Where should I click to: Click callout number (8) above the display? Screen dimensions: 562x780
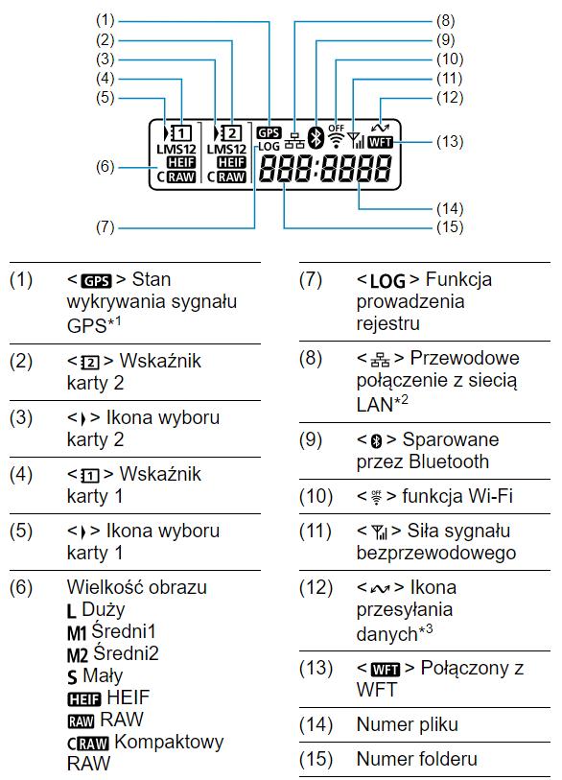[x=446, y=21]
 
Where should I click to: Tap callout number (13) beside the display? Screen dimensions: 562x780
[x=450, y=142]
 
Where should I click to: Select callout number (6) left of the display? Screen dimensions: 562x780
[x=105, y=167]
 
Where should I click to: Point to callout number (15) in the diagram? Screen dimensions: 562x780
[x=450, y=226]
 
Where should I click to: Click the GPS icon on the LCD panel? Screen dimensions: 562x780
[x=269, y=132]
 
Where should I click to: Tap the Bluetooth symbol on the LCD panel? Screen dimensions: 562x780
[x=316, y=137]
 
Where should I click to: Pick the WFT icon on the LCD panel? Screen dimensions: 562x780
[x=381, y=142]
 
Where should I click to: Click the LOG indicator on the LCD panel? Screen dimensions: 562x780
[x=269, y=146]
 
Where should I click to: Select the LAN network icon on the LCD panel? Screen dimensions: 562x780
[x=294, y=142]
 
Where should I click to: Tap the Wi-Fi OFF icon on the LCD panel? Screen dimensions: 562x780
[x=337, y=136]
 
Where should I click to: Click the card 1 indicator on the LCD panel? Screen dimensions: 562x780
[x=181, y=132]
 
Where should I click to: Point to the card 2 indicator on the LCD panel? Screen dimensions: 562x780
[x=232, y=132]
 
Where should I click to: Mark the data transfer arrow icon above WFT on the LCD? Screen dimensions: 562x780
[x=380, y=129]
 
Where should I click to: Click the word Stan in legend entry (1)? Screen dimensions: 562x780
[x=152, y=279]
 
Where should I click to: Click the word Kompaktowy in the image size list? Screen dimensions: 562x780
[x=169, y=742]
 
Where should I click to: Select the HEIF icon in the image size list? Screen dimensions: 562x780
[x=84, y=698]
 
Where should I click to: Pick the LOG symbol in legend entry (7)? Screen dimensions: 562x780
[x=387, y=281]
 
